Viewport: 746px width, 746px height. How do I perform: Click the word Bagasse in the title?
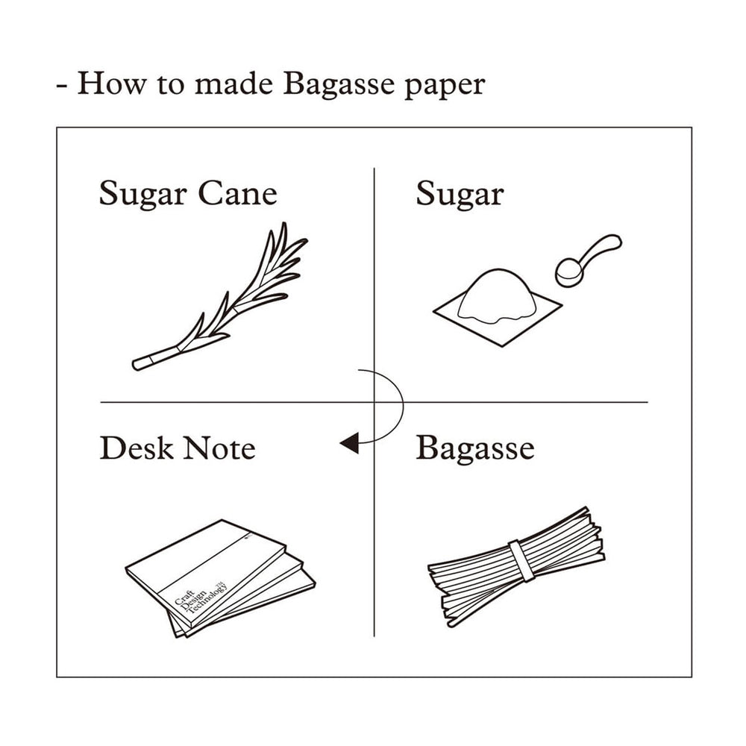click(x=337, y=84)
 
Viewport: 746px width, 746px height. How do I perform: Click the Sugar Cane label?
click(x=187, y=194)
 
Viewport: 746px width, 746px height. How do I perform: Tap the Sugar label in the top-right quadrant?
click(x=459, y=195)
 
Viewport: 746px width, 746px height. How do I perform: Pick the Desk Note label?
click(x=178, y=448)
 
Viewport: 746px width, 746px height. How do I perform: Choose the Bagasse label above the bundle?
click(x=474, y=448)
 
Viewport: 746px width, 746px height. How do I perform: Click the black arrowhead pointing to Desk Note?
click(x=348, y=444)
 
